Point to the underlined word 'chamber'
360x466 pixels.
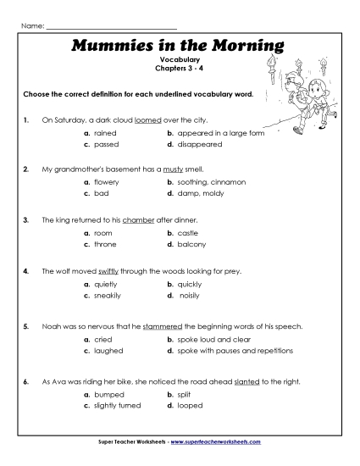pos(139,219)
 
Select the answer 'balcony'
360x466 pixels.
pos(192,244)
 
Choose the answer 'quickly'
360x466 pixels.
pos(191,285)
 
